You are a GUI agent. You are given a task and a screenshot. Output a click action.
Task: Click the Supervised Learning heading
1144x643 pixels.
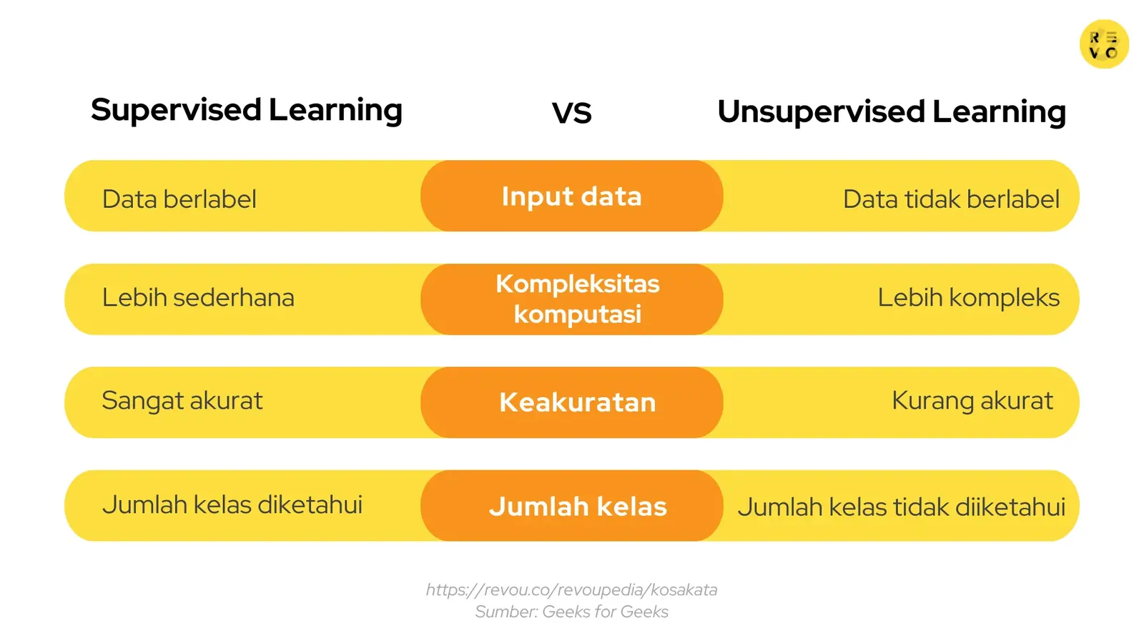click(x=247, y=111)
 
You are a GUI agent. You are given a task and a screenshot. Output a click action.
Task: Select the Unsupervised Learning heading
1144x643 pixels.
click(x=891, y=112)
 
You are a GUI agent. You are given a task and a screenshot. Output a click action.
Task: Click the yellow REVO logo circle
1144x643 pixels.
click(x=1103, y=44)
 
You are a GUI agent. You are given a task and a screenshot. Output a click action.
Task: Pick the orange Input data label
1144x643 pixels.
click(x=571, y=196)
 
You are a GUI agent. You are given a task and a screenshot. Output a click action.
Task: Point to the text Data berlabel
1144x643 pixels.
click(x=179, y=199)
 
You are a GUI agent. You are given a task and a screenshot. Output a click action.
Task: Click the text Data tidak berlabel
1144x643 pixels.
click(x=950, y=199)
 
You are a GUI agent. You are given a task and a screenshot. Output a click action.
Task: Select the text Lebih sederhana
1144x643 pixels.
click(x=198, y=298)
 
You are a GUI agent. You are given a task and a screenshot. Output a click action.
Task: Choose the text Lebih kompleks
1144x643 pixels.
click(x=968, y=298)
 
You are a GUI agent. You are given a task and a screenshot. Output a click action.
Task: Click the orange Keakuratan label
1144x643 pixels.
click(x=577, y=402)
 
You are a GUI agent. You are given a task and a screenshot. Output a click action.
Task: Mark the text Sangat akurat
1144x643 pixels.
click(x=182, y=401)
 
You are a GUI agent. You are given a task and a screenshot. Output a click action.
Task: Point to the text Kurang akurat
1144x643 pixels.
click(x=972, y=401)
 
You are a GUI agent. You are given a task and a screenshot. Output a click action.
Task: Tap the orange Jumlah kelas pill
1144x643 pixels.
click(x=577, y=507)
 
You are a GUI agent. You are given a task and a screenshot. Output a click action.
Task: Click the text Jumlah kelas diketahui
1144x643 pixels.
click(x=232, y=505)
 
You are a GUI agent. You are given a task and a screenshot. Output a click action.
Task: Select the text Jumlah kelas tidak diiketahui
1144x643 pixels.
click(x=901, y=507)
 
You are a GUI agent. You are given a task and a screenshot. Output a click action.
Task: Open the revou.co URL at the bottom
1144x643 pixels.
click(x=571, y=590)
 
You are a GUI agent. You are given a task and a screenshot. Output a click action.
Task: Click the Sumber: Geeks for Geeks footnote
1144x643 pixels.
click(x=571, y=612)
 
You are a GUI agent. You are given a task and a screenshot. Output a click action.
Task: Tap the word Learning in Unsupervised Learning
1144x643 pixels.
click(x=999, y=112)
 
